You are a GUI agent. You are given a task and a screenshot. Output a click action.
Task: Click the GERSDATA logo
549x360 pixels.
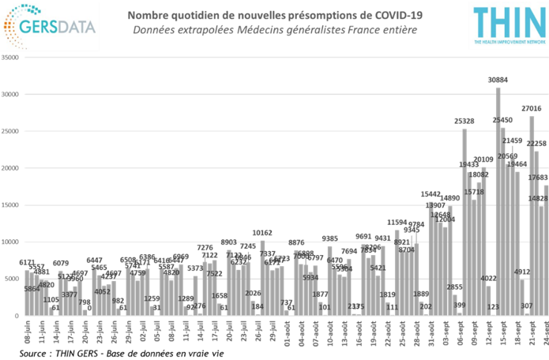pos(51,26)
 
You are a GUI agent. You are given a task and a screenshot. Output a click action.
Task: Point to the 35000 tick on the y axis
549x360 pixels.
pos(11,58)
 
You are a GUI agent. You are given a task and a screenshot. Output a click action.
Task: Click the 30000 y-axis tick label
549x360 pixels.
pos(11,95)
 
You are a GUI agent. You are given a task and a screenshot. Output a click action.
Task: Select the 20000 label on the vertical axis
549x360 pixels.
pos(11,168)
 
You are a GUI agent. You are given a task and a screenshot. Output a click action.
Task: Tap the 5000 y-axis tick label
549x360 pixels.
pos(13,279)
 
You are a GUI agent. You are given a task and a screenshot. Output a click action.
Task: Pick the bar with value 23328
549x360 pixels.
pos(464,221)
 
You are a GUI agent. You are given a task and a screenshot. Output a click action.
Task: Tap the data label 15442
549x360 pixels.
pos(431,193)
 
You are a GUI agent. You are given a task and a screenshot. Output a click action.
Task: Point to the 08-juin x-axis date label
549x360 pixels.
pos(25,335)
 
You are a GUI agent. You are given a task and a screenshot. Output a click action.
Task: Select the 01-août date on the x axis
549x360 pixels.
pos(286,335)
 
